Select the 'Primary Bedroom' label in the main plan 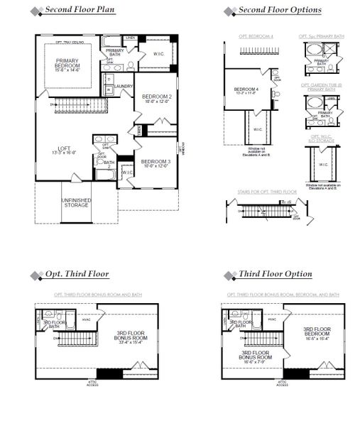tap(70, 65)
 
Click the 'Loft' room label tap(65, 150)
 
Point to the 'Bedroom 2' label tap(156, 99)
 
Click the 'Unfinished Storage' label tap(75, 202)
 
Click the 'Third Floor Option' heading tap(276, 274)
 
